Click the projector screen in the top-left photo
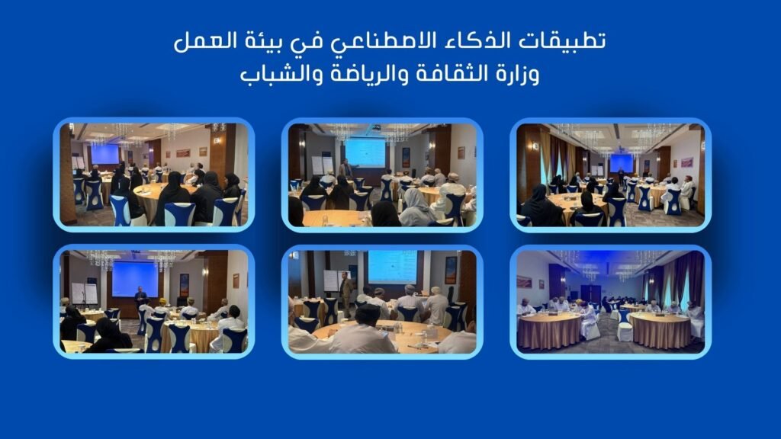pos(104,154)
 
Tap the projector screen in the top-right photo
pos(621,163)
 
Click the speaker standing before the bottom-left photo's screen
pos(140,298)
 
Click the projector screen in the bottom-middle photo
pos(393,267)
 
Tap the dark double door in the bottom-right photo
pos(591,293)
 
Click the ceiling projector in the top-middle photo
pos(377,127)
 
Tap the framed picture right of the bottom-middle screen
pos(450,271)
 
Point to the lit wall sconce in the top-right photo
pos(535,146)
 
